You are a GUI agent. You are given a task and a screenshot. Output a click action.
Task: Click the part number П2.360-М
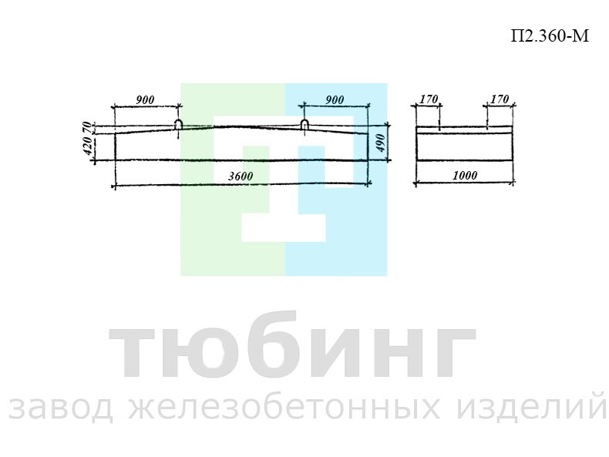(550, 36)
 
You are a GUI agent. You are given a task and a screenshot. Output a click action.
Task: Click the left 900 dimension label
(145, 99)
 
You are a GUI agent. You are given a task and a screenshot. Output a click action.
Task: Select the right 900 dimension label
(335, 99)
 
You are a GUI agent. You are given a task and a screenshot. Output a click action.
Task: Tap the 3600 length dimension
(241, 176)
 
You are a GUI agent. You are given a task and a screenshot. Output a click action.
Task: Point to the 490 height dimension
(381, 143)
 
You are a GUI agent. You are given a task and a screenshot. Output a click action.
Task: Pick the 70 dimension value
(88, 128)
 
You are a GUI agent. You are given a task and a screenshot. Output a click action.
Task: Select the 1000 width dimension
(465, 176)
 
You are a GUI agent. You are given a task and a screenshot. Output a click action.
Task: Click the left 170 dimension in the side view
(429, 99)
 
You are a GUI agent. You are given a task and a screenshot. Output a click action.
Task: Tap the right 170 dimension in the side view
(500, 99)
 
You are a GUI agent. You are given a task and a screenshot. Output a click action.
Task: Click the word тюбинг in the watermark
(292, 345)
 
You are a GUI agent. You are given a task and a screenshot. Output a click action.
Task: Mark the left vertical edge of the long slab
(116, 146)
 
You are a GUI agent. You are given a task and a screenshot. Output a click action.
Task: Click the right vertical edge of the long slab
(368, 146)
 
